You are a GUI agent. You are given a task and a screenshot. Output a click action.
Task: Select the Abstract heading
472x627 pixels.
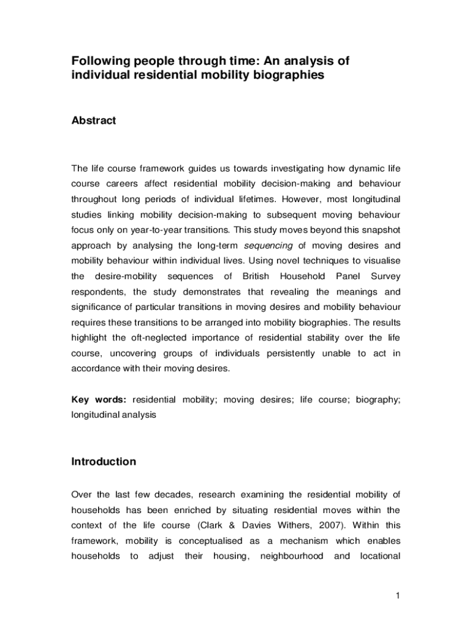point(93,121)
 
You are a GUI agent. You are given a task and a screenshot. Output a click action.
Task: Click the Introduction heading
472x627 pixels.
point(104,462)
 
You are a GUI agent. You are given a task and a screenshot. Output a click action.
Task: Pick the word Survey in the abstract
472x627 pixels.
point(386,277)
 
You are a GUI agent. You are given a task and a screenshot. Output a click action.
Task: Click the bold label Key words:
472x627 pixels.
point(99,400)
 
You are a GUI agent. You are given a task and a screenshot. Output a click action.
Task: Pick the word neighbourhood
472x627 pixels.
point(292,557)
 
